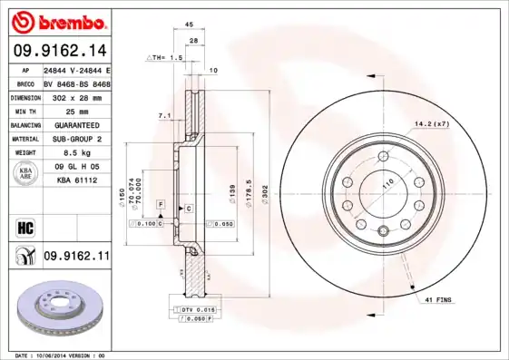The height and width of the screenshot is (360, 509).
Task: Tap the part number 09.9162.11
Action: (76, 258)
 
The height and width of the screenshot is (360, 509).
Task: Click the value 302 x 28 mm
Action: (76, 95)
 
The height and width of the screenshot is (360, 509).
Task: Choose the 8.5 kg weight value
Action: (76, 152)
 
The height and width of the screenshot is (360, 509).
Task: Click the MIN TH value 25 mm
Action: (76, 110)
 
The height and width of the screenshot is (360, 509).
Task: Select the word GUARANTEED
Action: (76, 124)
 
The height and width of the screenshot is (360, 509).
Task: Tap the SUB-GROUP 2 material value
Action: (76, 139)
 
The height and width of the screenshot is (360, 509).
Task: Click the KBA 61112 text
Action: (76, 180)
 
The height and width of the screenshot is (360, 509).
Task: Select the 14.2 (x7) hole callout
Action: (432, 122)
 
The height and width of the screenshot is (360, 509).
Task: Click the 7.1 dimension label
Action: (163, 116)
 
